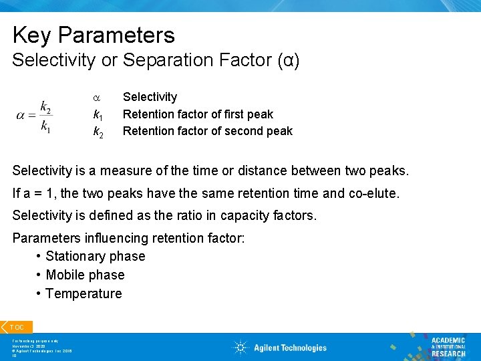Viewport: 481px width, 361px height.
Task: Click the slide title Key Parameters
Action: coord(94,35)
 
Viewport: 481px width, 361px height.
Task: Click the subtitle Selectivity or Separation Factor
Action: coord(156,60)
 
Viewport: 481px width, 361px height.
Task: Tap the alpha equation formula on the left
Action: coord(34,116)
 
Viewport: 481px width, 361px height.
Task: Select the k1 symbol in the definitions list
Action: coord(98,114)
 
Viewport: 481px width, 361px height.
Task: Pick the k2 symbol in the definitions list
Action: coord(98,132)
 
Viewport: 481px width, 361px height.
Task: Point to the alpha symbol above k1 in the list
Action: coord(97,98)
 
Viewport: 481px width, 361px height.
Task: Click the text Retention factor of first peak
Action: coord(198,114)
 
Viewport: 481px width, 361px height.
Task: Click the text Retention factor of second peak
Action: coord(207,131)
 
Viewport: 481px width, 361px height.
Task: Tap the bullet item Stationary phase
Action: coord(95,257)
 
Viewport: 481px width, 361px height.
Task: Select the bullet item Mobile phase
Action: coord(85,275)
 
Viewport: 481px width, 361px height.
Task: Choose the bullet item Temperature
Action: coord(84,294)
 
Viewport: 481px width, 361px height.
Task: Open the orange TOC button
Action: coord(16,327)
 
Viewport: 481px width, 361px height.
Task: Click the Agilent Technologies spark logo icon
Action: coord(240,347)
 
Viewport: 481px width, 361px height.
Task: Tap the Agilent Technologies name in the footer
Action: coord(290,348)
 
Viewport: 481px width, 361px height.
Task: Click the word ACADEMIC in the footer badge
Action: coord(448,340)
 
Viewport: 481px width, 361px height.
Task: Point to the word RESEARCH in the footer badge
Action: coord(448,353)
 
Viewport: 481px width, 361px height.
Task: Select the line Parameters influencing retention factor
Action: coord(129,238)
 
